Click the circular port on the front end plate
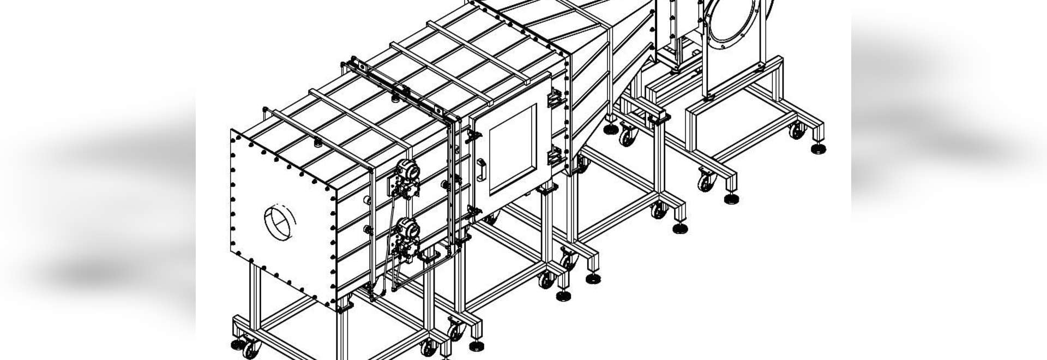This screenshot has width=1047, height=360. coord(279,223)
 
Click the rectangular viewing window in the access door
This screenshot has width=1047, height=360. coord(513,150)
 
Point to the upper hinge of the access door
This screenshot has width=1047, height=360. coord(554,99)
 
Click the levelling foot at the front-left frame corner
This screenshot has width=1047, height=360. coord(237,345)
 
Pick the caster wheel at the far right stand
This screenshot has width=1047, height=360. coord(797,130)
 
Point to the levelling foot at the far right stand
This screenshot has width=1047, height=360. coord(819,148)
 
